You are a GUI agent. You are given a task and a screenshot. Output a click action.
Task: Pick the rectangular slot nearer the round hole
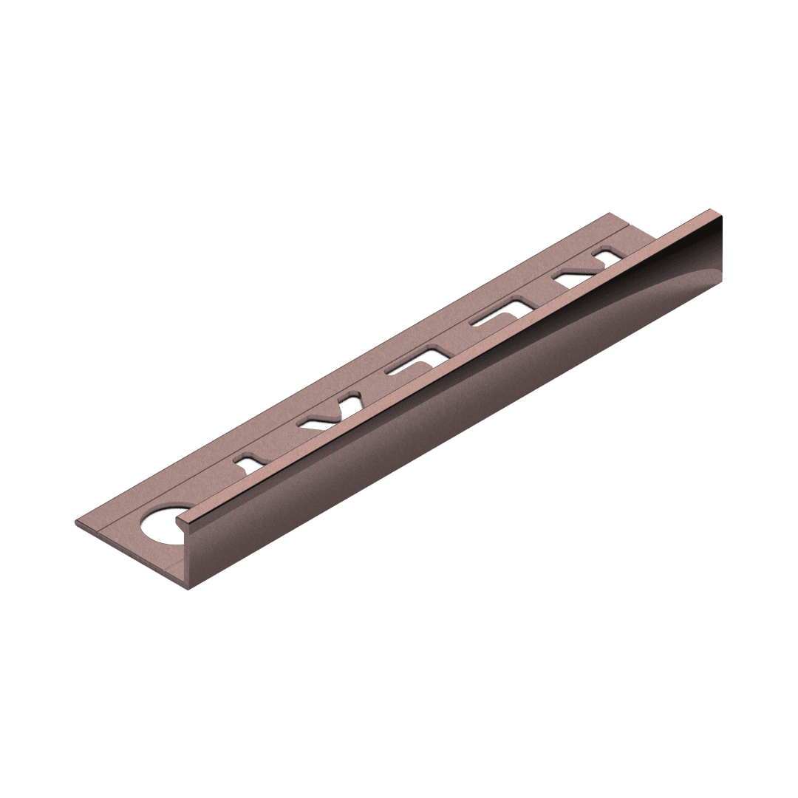tap(415, 361)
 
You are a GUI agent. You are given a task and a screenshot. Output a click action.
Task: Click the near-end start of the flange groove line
tap(103, 529)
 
